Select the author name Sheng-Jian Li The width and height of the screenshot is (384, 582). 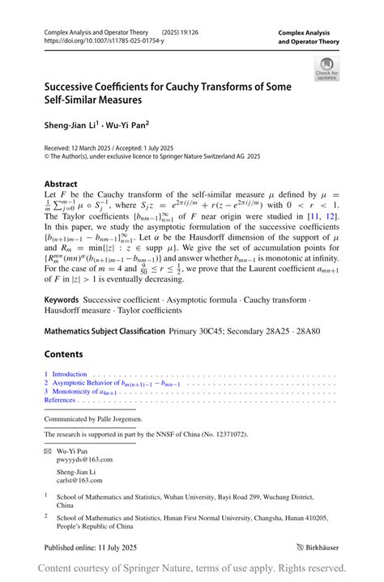click(x=70, y=125)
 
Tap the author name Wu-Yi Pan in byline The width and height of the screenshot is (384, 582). click(x=128, y=125)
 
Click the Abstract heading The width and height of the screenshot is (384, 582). click(x=61, y=184)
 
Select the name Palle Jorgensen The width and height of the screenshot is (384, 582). click(x=121, y=418)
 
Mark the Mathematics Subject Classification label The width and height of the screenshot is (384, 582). click(x=103, y=332)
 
